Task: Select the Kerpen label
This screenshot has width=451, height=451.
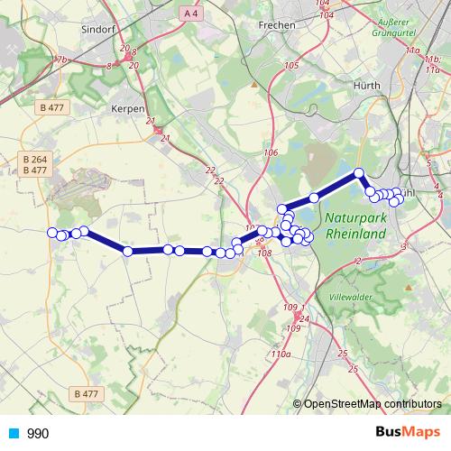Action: click(x=127, y=108)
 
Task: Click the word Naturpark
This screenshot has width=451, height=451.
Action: click(x=354, y=217)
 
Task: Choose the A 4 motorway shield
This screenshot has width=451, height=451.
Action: click(x=188, y=14)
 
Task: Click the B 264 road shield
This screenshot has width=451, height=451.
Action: click(x=33, y=160)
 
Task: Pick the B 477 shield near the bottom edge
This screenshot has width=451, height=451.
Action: click(x=86, y=393)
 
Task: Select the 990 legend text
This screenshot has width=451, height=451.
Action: click(x=39, y=434)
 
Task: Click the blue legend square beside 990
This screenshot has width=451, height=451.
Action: click(x=14, y=434)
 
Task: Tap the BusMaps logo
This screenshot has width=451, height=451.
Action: click(x=409, y=433)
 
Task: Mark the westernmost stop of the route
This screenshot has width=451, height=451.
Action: click(x=52, y=233)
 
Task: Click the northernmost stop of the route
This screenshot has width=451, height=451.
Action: click(x=358, y=172)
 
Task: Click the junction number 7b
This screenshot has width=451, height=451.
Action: click(x=61, y=60)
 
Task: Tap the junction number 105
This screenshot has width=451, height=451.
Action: click(x=290, y=67)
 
